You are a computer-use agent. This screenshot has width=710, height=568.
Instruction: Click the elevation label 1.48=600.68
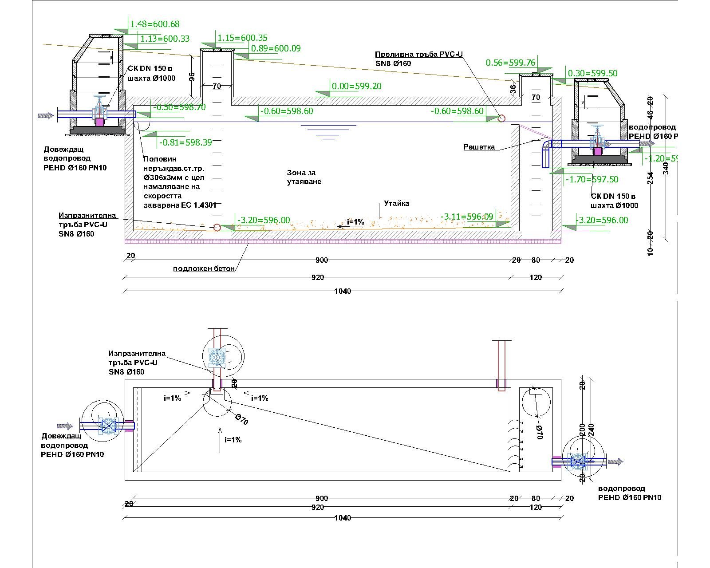154,24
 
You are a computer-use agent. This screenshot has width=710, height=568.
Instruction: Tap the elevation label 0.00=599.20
356,86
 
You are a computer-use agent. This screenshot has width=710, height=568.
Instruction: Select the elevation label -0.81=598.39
185,142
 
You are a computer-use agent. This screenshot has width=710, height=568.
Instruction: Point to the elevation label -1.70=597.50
592,179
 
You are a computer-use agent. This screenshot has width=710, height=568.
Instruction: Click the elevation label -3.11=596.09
467,217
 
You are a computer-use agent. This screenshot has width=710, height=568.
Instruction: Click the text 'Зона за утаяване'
304,177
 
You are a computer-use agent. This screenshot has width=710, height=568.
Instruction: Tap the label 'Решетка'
479,147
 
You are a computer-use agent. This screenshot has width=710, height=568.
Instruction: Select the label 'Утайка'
396,204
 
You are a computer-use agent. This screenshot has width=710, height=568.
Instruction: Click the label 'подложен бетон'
204,269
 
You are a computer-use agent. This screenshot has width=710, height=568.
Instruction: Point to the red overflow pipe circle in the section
502,118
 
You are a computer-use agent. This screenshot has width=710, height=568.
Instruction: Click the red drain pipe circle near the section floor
217,227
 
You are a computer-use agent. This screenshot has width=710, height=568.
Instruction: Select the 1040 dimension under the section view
342,291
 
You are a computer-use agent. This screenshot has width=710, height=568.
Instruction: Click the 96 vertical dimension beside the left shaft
192,77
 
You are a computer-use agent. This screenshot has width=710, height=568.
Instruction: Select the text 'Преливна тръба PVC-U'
418,55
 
